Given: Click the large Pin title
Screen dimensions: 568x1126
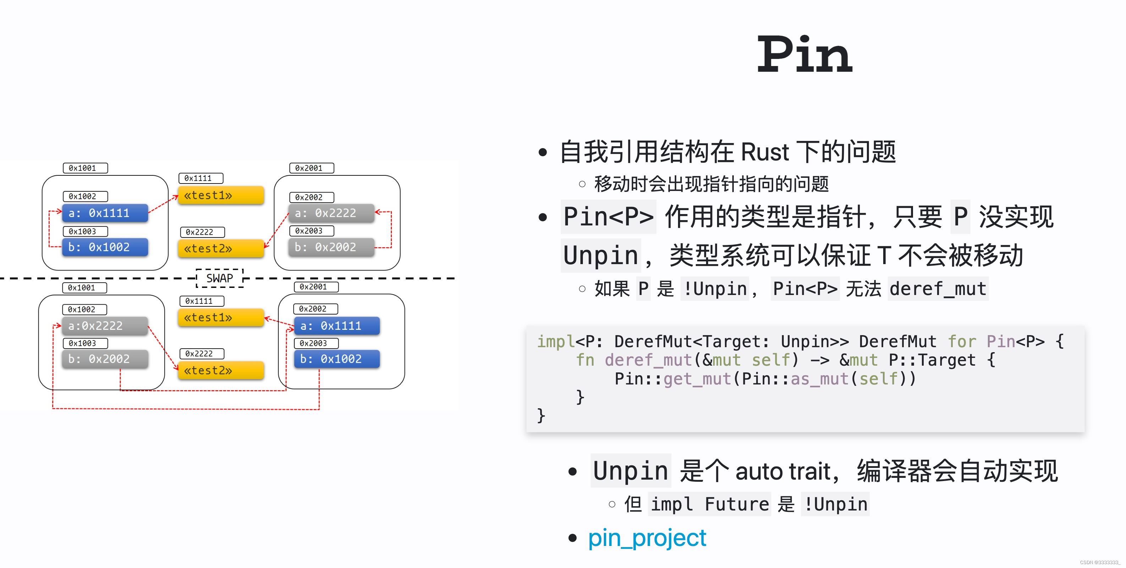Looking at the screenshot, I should (804, 55).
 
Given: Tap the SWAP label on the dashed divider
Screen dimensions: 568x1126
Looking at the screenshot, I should (219, 278).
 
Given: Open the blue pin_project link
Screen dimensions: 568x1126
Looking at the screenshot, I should (646, 538).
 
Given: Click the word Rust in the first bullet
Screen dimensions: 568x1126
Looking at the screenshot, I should (765, 152).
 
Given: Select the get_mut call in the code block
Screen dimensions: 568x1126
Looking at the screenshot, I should (697, 379).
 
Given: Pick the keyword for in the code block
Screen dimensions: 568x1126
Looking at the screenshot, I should (961, 342).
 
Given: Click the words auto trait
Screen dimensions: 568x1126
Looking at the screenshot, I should (782, 471).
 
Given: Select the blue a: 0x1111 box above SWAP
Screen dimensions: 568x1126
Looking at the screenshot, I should (105, 213).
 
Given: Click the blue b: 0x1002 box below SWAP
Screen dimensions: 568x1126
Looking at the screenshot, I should (337, 359).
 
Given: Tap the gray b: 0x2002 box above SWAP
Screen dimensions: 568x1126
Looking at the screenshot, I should (331, 247).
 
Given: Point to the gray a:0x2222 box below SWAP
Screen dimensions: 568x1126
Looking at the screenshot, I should (105, 326).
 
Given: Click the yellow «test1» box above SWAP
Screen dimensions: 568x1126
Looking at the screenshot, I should (221, 195).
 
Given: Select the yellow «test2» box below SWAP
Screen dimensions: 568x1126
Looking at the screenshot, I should (221, 370).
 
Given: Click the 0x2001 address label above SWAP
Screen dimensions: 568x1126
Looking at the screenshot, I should (311, 168).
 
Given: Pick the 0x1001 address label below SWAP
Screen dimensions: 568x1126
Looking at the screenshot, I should (85, 287).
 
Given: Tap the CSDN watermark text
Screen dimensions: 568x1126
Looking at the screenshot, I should (1099, 562).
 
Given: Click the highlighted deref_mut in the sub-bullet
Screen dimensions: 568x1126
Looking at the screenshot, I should (938, 289).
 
